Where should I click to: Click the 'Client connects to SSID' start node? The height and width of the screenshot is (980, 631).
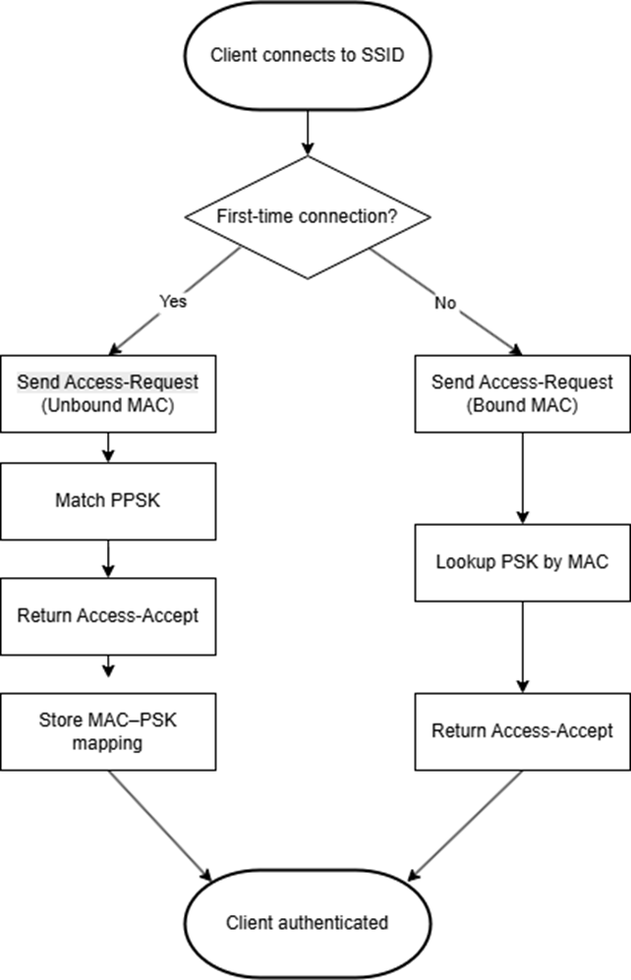click(x=307, y=54)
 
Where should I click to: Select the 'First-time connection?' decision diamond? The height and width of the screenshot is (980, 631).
click(x=307, y=215)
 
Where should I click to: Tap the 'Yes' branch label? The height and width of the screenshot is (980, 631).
click(x=172, y=302)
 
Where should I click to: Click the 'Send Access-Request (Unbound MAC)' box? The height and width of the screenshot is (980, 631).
click(x=109, y=391)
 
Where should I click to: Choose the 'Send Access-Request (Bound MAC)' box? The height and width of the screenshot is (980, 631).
click(x=522, y=391)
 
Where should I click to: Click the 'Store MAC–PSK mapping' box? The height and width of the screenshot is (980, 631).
click(x=109, y=730)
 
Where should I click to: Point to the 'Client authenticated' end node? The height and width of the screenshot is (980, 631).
click(x=307, y=922)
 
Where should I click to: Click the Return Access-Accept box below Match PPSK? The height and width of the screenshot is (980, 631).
click(x=109, y=616)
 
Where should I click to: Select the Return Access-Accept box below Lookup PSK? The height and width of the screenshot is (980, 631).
click(x=522, y=730)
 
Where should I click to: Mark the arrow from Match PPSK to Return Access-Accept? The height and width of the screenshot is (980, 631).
click(x=109, y=559)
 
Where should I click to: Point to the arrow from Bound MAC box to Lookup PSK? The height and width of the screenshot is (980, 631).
click(x=522, y=477)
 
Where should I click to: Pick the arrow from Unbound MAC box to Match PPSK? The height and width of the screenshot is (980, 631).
click(x=109, y=447)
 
